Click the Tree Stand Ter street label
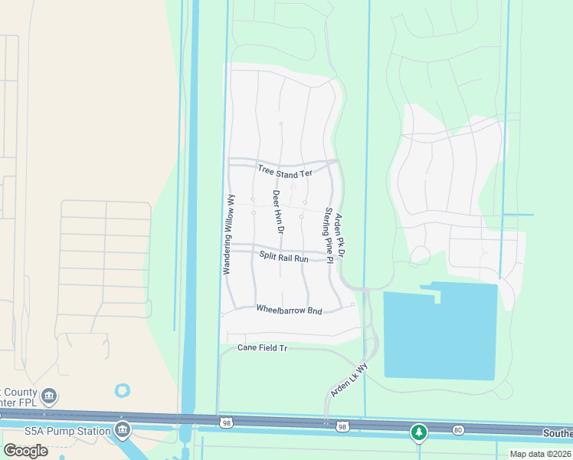(285, 172)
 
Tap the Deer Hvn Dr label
(278, 212)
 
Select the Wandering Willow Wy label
(228, 234)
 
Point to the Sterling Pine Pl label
(328, 234)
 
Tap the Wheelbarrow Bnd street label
(289, 310)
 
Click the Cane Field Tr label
(262, 348)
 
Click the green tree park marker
(418, 432)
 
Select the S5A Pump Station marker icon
(122, 430)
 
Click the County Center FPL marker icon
(49, 396)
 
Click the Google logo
(26, 450)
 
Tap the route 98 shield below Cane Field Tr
(224, 422)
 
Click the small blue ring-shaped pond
(123, 391)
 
